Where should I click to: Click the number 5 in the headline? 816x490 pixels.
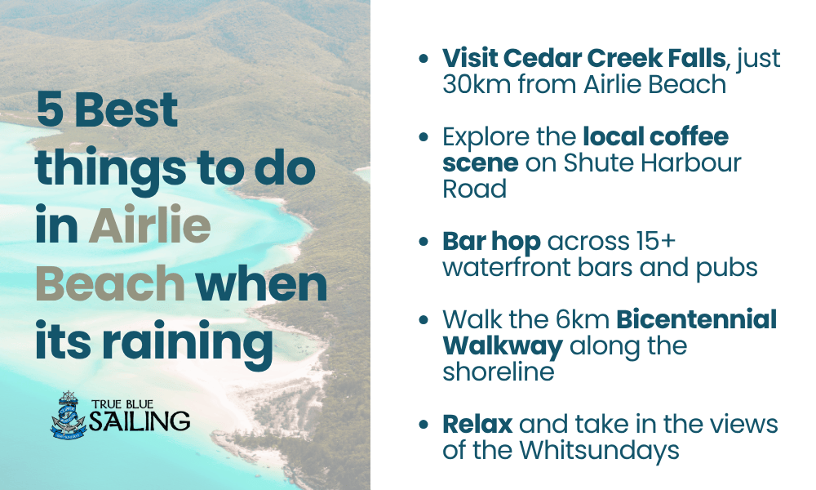point(50,109)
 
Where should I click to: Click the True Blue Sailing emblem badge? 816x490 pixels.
point(67,416)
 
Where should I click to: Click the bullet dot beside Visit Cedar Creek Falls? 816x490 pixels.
point(422,60)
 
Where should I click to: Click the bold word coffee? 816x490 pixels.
point(683,136)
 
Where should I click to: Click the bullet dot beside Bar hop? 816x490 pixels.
point(422,243)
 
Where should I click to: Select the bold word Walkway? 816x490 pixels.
point(502,345)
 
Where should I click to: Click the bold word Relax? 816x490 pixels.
point(477,425)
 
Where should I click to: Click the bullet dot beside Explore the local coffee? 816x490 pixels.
point(422,137)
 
